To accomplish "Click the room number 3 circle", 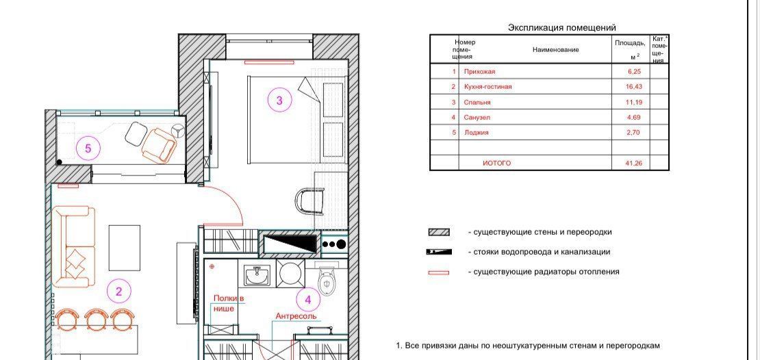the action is (x=279, y=101).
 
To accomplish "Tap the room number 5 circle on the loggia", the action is (x=88, y=148).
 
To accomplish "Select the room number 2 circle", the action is (x=118, y=291).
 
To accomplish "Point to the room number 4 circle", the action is (x=308, y=300).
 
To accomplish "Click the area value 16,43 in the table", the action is (x=633, y=87).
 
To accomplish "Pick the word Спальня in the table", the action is (x=477, y=102).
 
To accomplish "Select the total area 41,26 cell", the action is (x=633, y=164).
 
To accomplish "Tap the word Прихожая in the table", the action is (x=479, y=72).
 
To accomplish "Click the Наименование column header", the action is (x=555, y=49).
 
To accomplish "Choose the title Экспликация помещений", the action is (x=561, y=28).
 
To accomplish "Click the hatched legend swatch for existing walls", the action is (x=439, y=233).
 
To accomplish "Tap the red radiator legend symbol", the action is (x=439, y=273).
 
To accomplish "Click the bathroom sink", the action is (x=256, y=274).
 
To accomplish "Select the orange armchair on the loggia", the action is (x=158, y=144).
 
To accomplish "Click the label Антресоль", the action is (x=296, y=316).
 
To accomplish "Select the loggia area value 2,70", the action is (x=633, y=132).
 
